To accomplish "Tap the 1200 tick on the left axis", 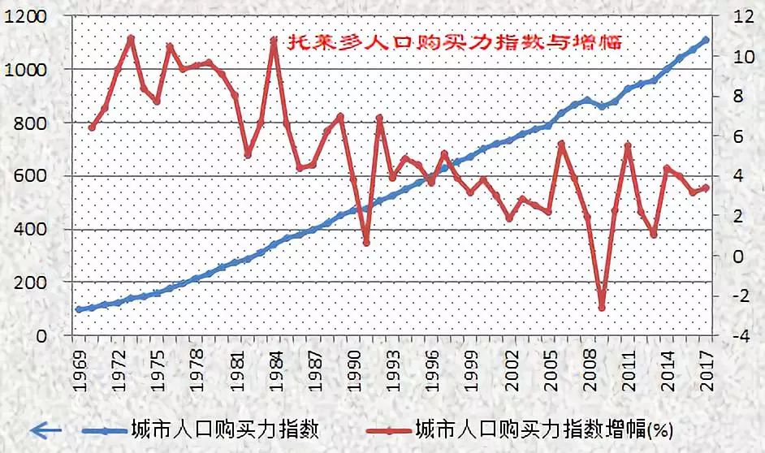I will (25, 17).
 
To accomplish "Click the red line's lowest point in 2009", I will (602, 308).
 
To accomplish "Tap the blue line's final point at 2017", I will (707, 39).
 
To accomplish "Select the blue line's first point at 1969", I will (79, 309).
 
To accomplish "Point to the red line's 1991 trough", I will (366, 242).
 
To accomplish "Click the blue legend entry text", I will (223, 429).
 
